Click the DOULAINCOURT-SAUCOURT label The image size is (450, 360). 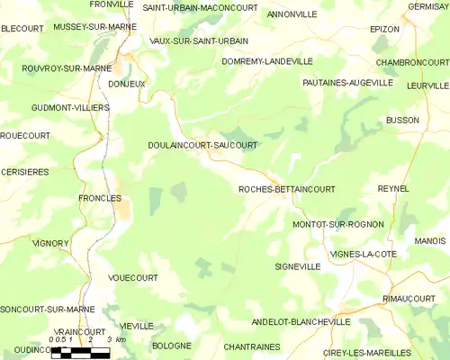pyautogui.click(x=202, y=144)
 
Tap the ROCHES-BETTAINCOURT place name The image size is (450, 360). pyautogui.click(x=286, y=189)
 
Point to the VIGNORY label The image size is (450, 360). pyautogui.click(x=50, y=243)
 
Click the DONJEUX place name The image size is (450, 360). pyautogui.click(x=126, y=83)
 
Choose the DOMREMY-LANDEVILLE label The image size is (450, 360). pyautogui.click(x=267, y=61)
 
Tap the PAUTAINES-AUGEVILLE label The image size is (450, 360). pyautogui.click(x=347, y=82)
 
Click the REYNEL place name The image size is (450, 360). pyautogui.click(x=393, y=188)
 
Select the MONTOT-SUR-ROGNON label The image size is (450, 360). pyautogui.click(x=337, y=223)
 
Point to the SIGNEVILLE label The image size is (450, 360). pyautogui.click(x=297, y=266)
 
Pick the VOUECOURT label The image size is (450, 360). pyautogui.click(x=132, y=278)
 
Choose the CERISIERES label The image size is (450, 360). pyautogui.click(x=25, y=171)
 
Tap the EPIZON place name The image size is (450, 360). pyautogui.click(x=384, y=29)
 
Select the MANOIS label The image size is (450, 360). pyautogui.click(x=430, y=241)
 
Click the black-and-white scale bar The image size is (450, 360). pyautogui.click(x=81, y=351)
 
